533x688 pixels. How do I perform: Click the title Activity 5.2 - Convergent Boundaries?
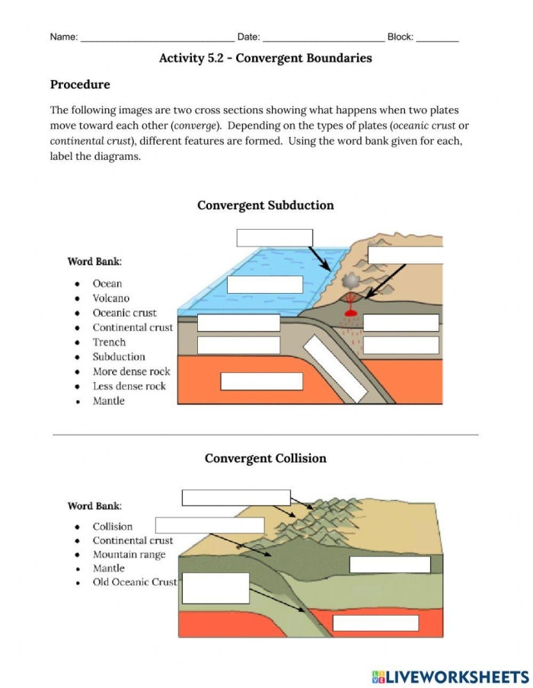pos(265,58)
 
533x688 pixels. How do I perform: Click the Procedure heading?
pos(80,84)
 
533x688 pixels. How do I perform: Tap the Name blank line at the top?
pos(157,38)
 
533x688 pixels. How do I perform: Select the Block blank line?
pos(437,38)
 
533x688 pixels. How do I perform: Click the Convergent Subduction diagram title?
pos(265,205)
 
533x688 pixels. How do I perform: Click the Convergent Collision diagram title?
pos(265,458)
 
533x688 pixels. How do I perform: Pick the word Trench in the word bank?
pos(109,342)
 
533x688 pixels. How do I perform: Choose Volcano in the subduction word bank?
pos(111,298)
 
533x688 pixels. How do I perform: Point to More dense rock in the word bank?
pos(131,371)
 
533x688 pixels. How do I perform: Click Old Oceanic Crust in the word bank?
pos(134,582)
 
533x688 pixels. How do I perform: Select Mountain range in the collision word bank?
pos(129,555)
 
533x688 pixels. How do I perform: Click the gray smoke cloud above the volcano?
pos(351,281)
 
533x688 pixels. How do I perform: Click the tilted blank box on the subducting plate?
pos(335,368)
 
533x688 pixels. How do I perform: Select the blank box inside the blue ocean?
pos(265,284)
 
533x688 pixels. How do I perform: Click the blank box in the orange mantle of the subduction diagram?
pos(261,381)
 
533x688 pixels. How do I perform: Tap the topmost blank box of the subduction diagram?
pos(274,237)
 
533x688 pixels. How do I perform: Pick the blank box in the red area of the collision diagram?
pos(375,623)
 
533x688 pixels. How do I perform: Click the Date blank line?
pos(323,38)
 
